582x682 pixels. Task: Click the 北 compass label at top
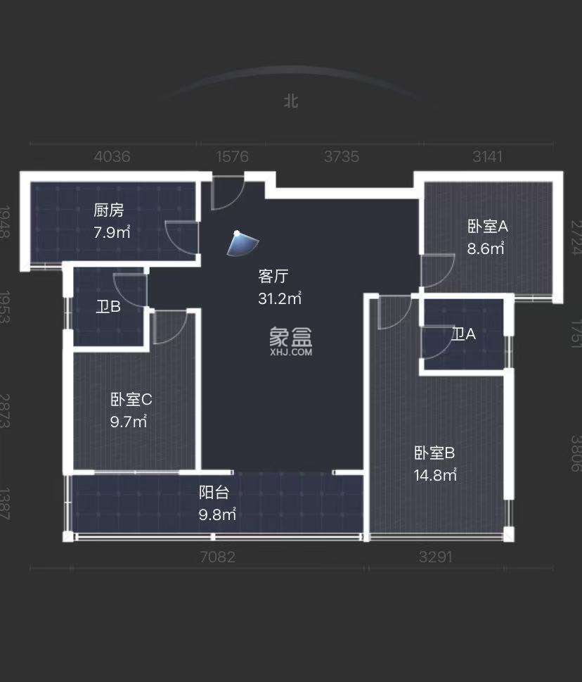(x=291, y=101)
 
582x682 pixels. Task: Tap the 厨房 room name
(x=109, y=210)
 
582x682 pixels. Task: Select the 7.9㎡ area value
(x=112, y=232)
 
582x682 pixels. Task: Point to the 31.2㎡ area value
(x=280, y=298)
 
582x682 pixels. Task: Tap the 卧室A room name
(x=488, y=226)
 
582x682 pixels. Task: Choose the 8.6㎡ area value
(x=486, y=248)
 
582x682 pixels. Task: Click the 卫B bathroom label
(x=108, y=306)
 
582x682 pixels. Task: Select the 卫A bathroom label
(x=463, y=334)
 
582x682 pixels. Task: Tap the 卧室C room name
(x=131, y=400)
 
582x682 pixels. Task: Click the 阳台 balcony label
(x=214, y=493)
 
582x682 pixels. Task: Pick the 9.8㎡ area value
(x=216, y=514)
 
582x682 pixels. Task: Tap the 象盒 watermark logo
(x=290, y=341)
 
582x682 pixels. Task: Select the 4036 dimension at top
(x=112, y=156)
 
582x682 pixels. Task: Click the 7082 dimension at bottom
(x=217, y=557)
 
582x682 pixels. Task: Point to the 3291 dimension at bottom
(x=436, y=557)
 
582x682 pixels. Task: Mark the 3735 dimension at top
(x=342, y=156)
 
